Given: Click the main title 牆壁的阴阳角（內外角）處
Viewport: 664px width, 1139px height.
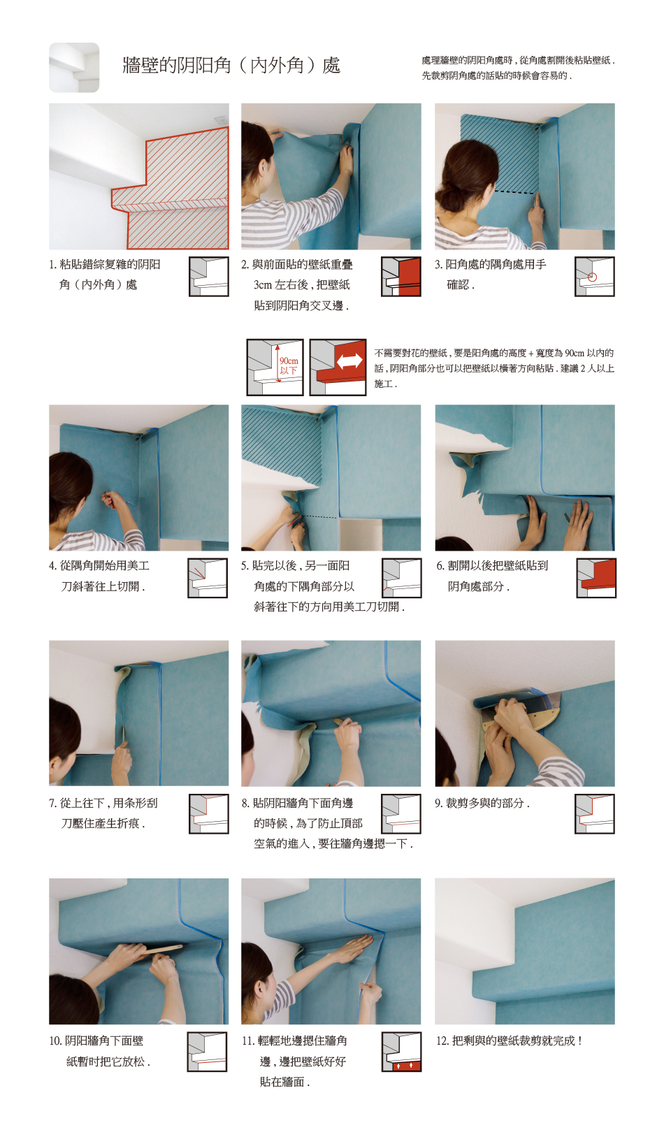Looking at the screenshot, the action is pyautogui.click(x=231, y=66).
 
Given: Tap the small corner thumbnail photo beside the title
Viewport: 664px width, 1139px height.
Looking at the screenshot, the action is pyautogui.click(x=74, y=68).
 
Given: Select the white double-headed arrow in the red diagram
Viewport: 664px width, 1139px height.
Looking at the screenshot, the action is pyautogui.click(x=349, y=361).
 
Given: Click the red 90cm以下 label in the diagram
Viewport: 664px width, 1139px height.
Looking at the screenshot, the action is pyautogui.click(x=289, y=365).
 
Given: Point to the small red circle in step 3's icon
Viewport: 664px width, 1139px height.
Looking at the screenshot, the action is pyautogui.click(x=592, y=277).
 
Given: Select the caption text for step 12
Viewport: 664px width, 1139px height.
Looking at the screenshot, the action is pyautogui.click(x=508, y=1041).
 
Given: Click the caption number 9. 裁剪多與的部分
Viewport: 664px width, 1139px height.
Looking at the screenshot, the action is pyautogui.click(x=482, y=803).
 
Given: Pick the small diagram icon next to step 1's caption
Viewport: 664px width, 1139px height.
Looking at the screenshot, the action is pyautogui.click(x=208, y=277).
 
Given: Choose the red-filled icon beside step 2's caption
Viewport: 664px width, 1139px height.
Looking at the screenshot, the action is pyautogui.click(x=401, y=277).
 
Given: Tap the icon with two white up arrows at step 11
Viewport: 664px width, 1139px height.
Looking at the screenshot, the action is pyautogui.click(x=402, y=1052).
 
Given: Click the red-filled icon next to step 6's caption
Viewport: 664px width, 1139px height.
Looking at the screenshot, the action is pyautogui.click(x=596, y=578).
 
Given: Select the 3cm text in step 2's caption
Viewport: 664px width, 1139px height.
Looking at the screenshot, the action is pyautogui.click(x=262, y=285).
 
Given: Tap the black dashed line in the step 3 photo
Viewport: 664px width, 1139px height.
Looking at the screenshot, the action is pyautogui.click(x=515, y=193).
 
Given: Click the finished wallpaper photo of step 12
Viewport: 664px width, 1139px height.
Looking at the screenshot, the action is pyautogui.click(x=525, y=951).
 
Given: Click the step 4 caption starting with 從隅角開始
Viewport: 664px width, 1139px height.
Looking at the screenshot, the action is pyautogui.click(x=99, y=576).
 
